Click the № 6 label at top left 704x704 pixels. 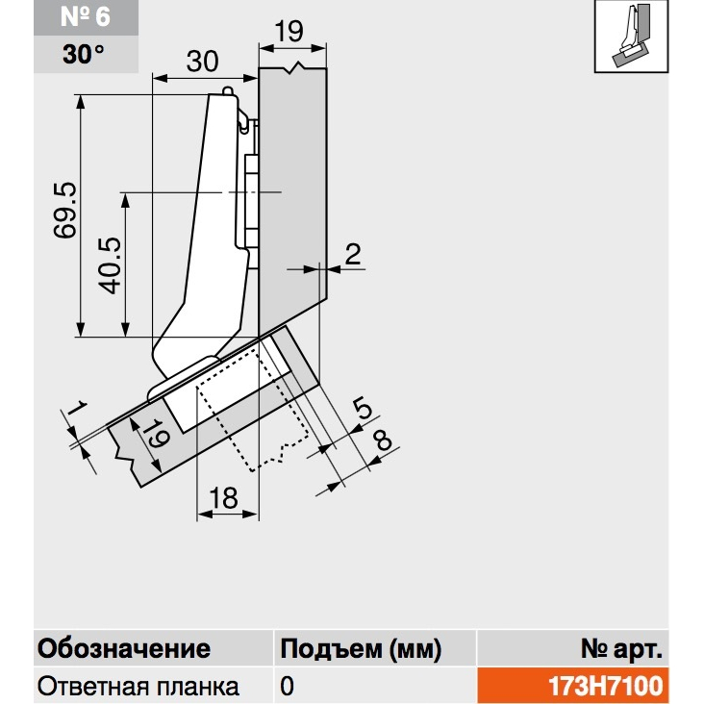(x=86, y=16)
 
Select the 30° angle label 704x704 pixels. (x=84, y=54)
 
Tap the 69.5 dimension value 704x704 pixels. (x=65, y=210)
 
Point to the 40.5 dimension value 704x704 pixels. (x=110, y=265)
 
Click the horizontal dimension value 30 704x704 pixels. (x=203, y=61)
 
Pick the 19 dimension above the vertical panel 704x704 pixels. (x=289, y=32)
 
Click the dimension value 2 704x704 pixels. (x=353, y=254)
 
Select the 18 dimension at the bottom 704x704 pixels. (x=223, y=498)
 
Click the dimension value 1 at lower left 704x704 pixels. (x=78, y=408)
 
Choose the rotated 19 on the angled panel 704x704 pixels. (x=159, y=434)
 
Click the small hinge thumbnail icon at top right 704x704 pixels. (x=631, y=36)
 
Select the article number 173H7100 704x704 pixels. (x=606, y=686)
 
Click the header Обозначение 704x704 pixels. (x=124, y=649)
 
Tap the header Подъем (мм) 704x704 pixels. (x=361, y=649)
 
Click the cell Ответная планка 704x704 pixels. (x=138, y=687)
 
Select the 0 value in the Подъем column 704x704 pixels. (x=287, y=686)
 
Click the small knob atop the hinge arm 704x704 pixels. (x=228, y=90)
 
